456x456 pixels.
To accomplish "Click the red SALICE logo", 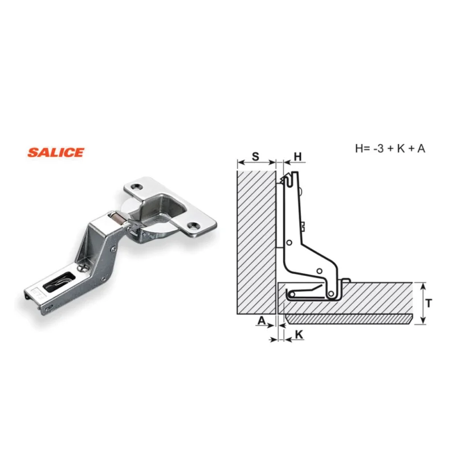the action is pyautogui.click(x=55, y=152).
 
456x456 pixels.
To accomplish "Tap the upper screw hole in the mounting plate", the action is pyautogui.click(x=136, y=186).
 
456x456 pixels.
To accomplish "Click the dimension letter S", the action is pyautogui.click(x=255, y=156).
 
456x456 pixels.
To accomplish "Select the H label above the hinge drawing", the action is pyautogui.click(x=298, y=157).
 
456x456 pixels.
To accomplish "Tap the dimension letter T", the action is pyautogui.click(x=429, y=303).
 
